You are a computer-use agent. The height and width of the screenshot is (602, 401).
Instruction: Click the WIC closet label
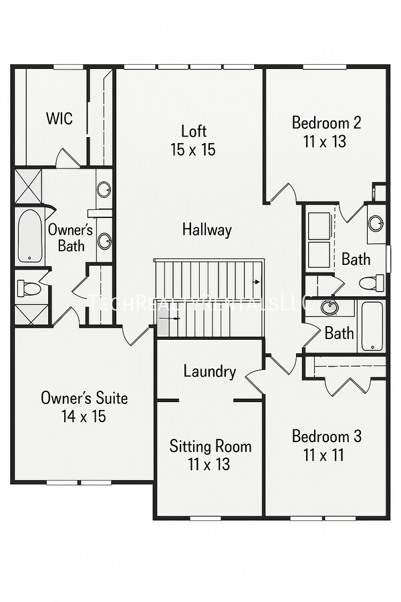point(59,119)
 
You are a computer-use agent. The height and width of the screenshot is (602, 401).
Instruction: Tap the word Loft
point(194,131)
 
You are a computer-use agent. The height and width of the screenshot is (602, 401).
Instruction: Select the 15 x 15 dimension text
point(193,150)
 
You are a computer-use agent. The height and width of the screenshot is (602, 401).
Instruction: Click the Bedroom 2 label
point(326,123)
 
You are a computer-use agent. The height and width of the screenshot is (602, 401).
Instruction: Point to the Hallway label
point(207,230)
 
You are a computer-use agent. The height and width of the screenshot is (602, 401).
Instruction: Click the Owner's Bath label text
point(71,237)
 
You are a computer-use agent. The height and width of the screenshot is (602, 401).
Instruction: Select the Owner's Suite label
point(84,398)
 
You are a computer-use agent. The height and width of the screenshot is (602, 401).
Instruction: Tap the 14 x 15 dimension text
point(84,417)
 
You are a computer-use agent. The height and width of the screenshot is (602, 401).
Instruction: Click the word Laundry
point(209,372)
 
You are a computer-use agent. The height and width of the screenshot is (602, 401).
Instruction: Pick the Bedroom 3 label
point(326,437)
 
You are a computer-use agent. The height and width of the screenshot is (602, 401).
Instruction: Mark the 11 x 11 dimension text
point(326,456)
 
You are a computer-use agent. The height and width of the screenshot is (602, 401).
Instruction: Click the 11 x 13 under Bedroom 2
point(326,142)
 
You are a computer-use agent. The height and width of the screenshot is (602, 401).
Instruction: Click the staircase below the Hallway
point(209,298)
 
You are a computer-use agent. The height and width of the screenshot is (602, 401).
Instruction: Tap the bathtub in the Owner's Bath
point(30,236)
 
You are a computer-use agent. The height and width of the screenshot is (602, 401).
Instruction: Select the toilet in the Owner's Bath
point(29,289)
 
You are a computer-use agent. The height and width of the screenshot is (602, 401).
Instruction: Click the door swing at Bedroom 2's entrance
point(282,194)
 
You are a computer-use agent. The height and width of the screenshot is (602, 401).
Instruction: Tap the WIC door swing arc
point(68,159)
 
